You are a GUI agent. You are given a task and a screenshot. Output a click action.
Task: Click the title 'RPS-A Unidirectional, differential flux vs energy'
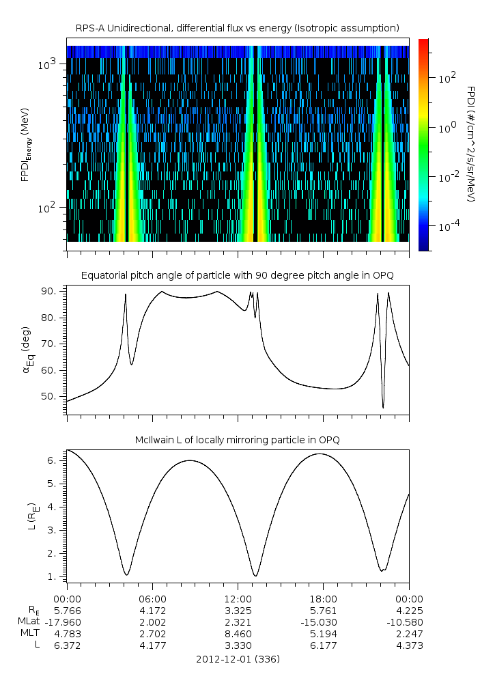click(x=238, y=27)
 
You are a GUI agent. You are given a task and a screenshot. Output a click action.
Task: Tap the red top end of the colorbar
click(x=423, y=42)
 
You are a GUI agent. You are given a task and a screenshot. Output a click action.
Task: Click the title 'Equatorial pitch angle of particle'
click(x=238, y=275)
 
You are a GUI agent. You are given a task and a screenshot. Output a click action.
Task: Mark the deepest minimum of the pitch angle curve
click(x=383, y=408)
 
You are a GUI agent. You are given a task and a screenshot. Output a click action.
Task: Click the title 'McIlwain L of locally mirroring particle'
click(x=238, y=439)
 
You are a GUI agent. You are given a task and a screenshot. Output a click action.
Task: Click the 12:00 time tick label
click(x=238, y=597)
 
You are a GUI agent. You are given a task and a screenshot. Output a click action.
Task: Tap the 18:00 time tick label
click(x=323, y=597)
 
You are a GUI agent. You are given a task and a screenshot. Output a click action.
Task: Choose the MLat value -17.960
click(x=67, y=622)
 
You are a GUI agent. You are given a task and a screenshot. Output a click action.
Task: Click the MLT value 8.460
click(x=238, y=634)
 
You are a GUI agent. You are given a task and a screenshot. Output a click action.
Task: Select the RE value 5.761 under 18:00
click(x=323, y=609)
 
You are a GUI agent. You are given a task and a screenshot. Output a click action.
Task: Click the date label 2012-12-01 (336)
click(x=238, y=659)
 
